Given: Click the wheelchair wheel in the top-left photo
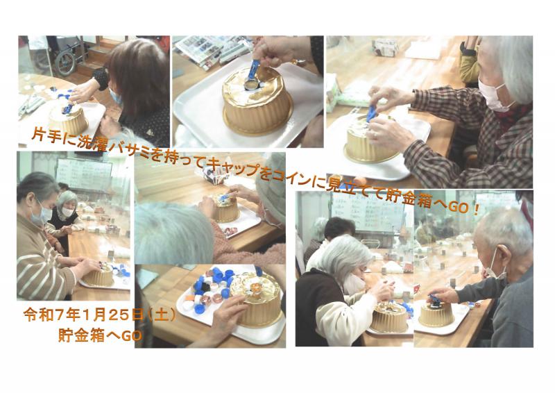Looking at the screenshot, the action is pos(66,62).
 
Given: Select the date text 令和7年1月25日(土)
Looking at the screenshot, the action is pos(99,315).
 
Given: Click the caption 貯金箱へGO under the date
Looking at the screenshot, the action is pos(100,335).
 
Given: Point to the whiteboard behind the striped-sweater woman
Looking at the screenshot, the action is pos(84,174).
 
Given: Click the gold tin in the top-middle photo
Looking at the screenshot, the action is pos(257,101).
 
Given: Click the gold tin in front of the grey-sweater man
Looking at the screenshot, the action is pos(436,313).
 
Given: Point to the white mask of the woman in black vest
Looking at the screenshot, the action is pos(67,212).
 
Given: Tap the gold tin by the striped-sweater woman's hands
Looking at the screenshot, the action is pos(99,276).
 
